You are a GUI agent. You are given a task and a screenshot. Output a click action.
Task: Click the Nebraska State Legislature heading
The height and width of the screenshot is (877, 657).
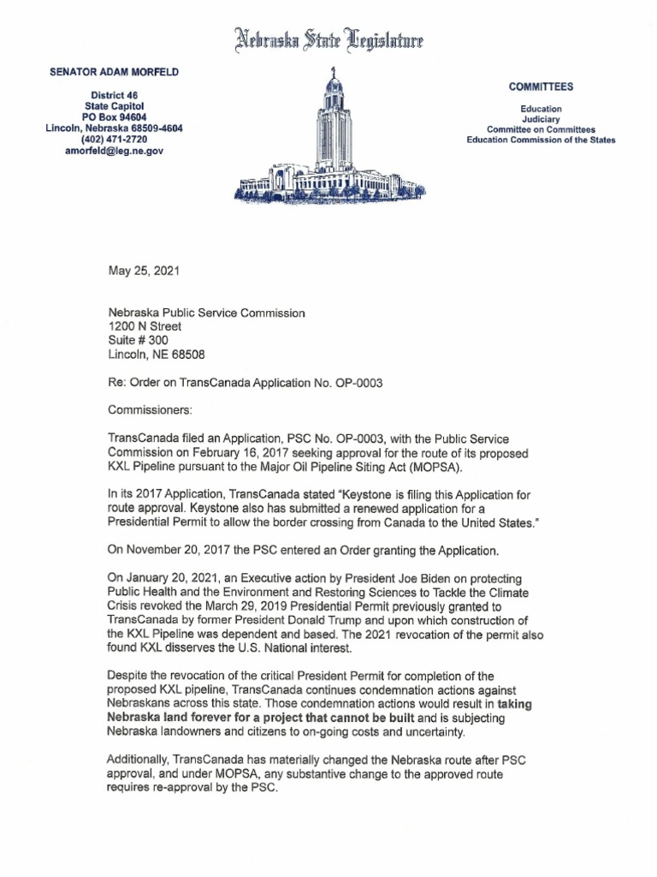(x=328, y=40)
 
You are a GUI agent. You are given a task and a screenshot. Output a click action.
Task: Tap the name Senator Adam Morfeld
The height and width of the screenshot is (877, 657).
(x=114, y=73)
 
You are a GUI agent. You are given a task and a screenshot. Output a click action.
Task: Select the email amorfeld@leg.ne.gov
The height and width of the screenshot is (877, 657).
(x=114, y=151)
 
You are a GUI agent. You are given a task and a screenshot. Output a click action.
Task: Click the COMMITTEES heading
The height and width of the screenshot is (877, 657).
(x=541, y=87)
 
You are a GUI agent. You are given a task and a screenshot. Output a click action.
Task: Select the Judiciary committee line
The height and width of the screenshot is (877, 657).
(x=541, y=120)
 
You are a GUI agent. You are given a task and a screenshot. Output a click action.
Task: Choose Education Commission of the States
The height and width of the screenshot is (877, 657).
(x=541, y=140)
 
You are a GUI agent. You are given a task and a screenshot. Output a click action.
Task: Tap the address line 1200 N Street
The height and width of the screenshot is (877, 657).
(x=145, y=326)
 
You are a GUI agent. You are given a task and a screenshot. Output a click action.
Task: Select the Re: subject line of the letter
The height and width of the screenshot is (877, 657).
(x=245, y=383)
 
